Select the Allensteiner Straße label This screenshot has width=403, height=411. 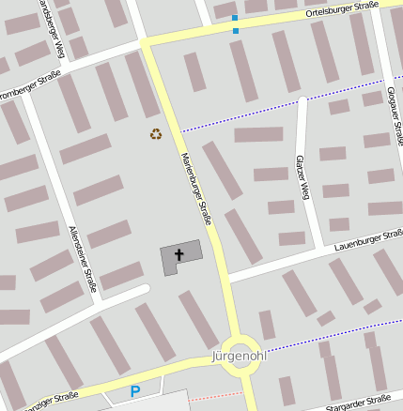pyautogui.click(x=84, y=258)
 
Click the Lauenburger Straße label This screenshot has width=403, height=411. pyautogui.click(x=367, y=240)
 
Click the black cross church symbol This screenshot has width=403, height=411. pyautogui.click(x=178, y=253)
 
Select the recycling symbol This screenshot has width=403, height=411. pyautogui.click(x=156, y=133)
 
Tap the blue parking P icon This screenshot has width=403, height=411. pyautogui.click(x=135, y=391)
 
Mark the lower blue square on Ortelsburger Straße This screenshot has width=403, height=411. pyautogui.click(x=235, y=30)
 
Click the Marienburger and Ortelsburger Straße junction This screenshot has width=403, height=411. pyautogui.click(x=146, y=41)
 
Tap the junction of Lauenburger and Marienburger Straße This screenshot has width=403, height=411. pyautogui.click(x=225, y=279)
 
